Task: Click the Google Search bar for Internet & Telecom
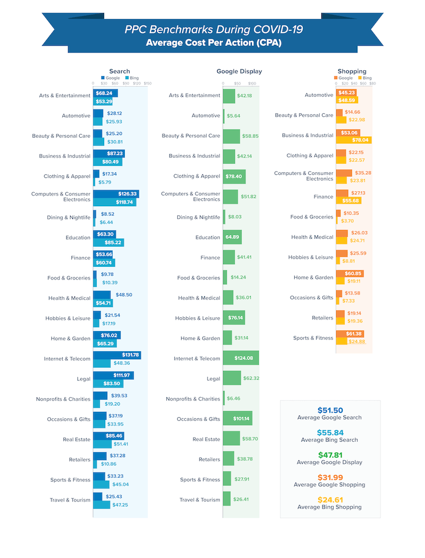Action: (x=117, y=355)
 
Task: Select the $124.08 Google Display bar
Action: (x=241, y=358)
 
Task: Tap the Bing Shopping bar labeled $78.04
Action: (x=353, y=140)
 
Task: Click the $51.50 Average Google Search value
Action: (x=330, y=410)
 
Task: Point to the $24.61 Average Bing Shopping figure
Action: (x=330, y=500)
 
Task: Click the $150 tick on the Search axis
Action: (x=148, y=83)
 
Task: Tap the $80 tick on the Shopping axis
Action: (x=372, y=83)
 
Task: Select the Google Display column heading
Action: (x=239, y=71)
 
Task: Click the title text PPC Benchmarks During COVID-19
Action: (x=214, y=30)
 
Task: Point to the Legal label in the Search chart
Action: (x=83, y=379)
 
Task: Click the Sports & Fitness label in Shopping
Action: (x=313, y=338)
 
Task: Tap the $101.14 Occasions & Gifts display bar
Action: (x=237, y=419)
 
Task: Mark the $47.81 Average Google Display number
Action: (x=330, y=455)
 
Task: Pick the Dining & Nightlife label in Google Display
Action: (x=198, y=217)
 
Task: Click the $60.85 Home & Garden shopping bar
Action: (x=350, y=274)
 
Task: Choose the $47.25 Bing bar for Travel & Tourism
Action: (x=101, y=505)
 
